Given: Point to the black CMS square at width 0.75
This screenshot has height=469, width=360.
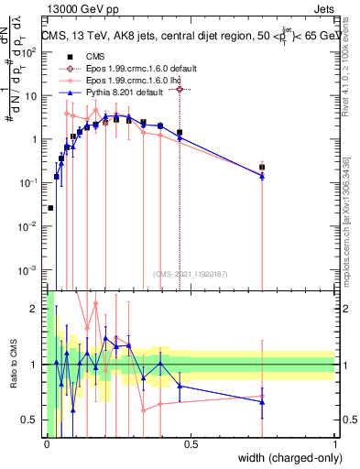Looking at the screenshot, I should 262,168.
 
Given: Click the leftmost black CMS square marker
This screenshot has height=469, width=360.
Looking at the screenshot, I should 50,208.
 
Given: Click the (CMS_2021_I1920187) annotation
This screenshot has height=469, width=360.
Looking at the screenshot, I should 191,274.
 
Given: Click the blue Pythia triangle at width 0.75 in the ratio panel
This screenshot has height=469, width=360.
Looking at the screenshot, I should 262,402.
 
